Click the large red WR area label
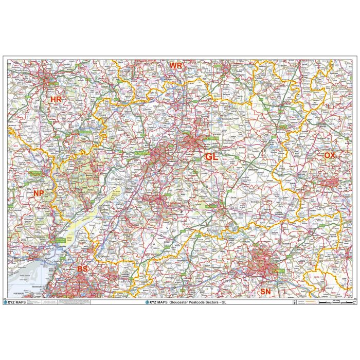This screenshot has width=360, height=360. point(176,66)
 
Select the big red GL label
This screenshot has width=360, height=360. point(211,156)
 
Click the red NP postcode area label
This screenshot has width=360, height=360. point(39,193)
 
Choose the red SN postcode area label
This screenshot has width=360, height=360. point(265,291)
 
